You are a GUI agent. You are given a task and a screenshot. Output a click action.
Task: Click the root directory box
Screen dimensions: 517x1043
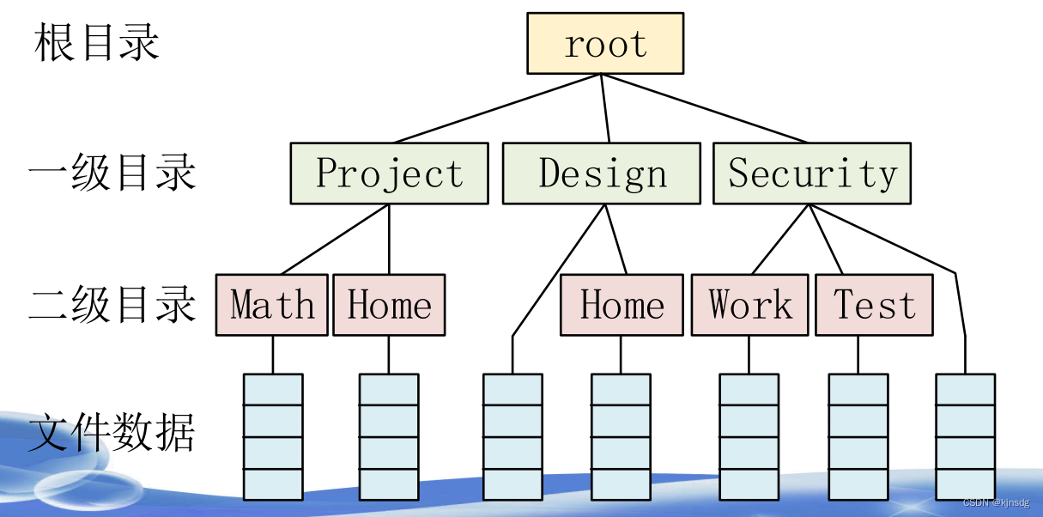(605, 43)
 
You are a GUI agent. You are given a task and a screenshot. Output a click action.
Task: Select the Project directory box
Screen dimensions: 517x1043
(389, 173)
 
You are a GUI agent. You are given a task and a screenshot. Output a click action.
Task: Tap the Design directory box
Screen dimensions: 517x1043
(602, 173)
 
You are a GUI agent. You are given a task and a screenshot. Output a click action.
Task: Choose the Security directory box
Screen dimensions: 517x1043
(811, 173)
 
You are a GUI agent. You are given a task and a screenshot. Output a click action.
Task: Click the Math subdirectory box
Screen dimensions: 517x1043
(271, 305)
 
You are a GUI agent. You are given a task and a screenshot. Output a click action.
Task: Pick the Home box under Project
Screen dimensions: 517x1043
(389, 305)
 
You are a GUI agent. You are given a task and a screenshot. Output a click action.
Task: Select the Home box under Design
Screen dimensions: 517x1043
(622, 305)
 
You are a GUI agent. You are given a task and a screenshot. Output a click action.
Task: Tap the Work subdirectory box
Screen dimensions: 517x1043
(749, 305)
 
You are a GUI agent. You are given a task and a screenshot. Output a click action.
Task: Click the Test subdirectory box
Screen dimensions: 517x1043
(874, 305)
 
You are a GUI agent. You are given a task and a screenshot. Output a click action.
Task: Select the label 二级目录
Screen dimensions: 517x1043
(112, 305)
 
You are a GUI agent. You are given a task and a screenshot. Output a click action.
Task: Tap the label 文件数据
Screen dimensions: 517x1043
(112, 433)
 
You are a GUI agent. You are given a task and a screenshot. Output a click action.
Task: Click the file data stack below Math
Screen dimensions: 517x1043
(273, 436)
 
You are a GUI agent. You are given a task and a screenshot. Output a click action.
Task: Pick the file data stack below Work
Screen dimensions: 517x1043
(749, 436)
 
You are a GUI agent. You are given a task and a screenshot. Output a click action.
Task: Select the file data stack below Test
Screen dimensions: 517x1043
(858, 436)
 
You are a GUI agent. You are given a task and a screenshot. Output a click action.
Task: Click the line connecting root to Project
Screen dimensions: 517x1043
(498, 108)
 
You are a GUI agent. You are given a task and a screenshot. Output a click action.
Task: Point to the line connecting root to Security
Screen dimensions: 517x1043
(704, 108)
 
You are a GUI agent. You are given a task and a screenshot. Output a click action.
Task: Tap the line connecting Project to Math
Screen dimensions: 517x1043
(336, 240)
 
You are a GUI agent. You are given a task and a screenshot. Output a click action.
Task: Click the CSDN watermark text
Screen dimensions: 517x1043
(996, 503)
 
